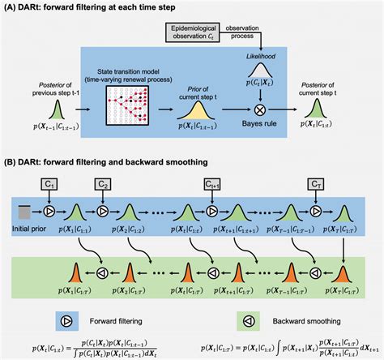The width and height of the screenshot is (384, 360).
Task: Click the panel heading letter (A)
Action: point(12,7)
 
